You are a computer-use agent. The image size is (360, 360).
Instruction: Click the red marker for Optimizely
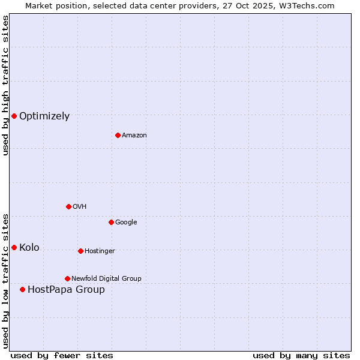(14, 116)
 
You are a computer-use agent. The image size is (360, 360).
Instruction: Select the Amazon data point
(118, 135)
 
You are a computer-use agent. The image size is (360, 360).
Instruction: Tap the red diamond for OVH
(68, 206)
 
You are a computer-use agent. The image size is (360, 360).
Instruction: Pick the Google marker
(111, 222)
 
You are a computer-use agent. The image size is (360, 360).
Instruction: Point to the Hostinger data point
(80, 251)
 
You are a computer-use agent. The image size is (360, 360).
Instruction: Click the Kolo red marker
(14, 247)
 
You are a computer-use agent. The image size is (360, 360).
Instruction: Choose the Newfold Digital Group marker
(67, 278)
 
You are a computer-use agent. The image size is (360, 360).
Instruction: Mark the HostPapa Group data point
(22, 289)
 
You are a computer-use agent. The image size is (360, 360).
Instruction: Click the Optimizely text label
(44, 116)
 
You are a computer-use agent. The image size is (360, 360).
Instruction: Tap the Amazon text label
(134, 136)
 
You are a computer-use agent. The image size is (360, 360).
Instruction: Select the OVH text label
(80, 207)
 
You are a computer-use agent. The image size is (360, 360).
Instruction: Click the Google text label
(126, 223)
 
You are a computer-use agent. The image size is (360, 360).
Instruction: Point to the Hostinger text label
(100, 251)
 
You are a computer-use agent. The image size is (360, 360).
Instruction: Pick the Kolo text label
(29, 248)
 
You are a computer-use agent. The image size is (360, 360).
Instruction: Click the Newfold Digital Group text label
(106, 279)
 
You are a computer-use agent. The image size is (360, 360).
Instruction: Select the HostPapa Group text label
(66, 290)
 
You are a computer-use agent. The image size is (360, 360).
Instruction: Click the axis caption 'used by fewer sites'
(62, 355)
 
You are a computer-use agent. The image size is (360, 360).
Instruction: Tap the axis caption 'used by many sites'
(301, 355)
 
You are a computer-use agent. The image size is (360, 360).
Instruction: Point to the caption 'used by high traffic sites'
(5, 85)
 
